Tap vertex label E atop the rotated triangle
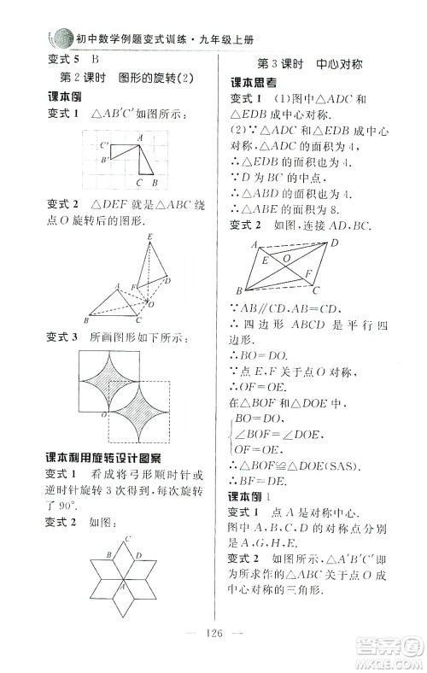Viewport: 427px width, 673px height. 151,237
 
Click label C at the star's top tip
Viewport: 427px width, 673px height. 127,538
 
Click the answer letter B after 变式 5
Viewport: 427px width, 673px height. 94,59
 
